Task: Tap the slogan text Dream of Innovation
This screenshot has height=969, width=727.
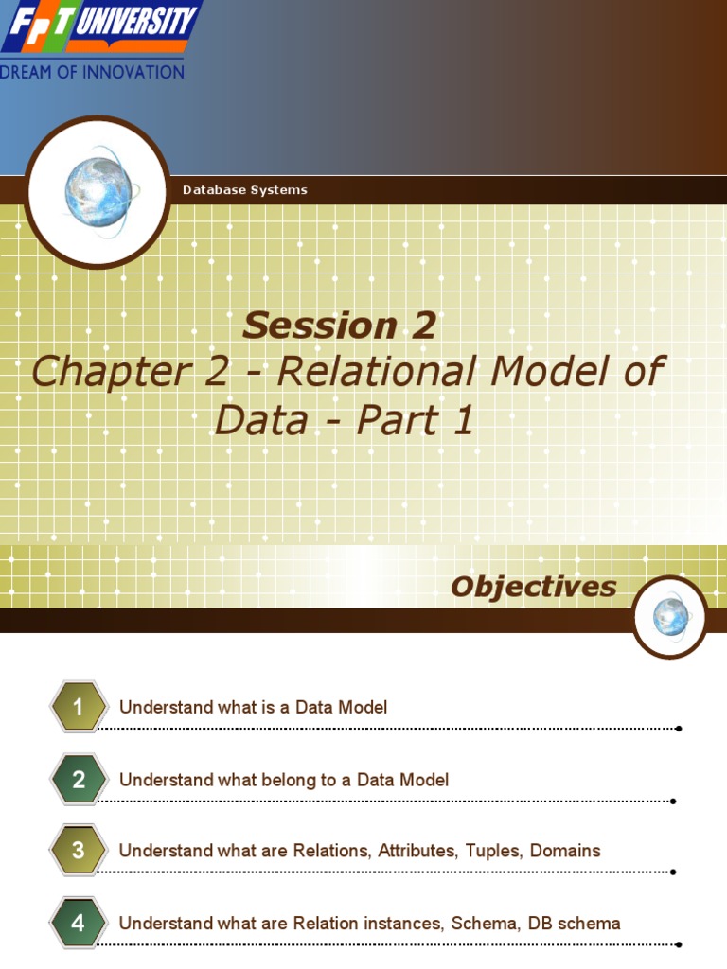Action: click(92, 72)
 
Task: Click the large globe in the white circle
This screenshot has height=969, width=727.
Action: click(98, 191)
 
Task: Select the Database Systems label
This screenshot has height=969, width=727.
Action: click(244, 190)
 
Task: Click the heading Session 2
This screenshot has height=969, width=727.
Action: click(339, 326)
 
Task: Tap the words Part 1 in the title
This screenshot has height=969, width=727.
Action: click(415, 420)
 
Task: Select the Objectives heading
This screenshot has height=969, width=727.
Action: click(533, 587)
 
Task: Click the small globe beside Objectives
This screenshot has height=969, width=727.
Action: click(670, 617)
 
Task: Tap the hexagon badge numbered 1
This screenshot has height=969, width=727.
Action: click(79, 707)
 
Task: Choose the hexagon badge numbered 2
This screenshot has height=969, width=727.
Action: click(79, 780)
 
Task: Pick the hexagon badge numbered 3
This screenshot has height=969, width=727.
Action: click(79, 851)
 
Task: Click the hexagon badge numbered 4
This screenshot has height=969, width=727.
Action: click(79, 923)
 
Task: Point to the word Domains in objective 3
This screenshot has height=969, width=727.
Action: click(565, 851)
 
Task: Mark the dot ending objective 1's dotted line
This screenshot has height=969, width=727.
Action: click(680, 729)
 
